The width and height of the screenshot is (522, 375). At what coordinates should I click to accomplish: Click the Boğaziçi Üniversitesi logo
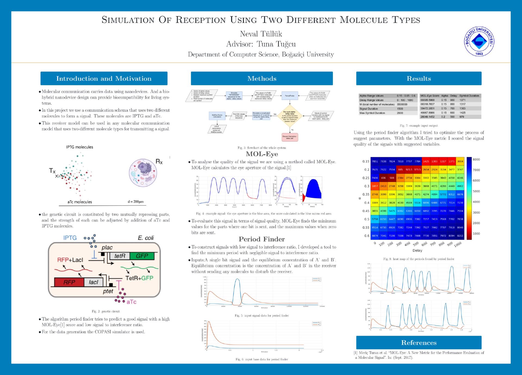pyautogui.click(x=479, y=41)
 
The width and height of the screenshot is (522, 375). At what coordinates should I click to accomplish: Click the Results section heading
pyautogui.click(x=419, y=78)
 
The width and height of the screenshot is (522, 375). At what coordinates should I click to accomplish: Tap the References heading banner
pyautogui.click(x=419, y=343)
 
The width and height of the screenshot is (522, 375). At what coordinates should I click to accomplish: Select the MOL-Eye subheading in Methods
pyautogui.click(x=262, y=154)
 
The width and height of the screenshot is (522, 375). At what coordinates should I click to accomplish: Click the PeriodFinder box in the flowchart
pyautogui.click(x=290, y=96)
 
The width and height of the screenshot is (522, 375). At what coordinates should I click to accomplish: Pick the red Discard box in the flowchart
pyautogui.click(x=290, y=137)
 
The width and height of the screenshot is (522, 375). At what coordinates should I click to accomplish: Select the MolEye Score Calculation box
pyautogui.click(x=217, y=116)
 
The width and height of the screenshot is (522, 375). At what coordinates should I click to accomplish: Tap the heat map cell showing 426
pyautogui.click(x=383, y=178)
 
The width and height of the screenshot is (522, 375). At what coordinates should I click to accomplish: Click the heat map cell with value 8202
pyautogui.click(x=460, y=236)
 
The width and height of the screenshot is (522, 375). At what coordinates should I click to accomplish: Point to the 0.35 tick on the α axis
pyautogui.click(x=366, y=194)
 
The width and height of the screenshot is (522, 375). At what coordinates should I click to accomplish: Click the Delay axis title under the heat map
pyautogui.click(x=417, y=250)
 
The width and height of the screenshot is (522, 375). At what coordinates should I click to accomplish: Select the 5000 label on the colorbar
pyautogui.click(x=476, y=191)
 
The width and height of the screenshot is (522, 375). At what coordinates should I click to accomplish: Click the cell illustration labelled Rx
pyautogui.click(x=143, y=173)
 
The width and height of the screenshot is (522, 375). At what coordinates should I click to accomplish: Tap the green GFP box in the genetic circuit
pyautogui.click(x=142, y=256)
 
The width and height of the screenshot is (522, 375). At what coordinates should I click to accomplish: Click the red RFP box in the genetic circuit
pyautogui.click(x=69, y=282)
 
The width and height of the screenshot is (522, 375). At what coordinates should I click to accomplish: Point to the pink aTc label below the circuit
pyautogui.click(x=131, y=302)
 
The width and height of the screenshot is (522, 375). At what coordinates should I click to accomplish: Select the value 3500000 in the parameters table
pyautogui.click(x=402, y=104)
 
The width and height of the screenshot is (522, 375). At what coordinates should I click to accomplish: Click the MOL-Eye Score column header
pyautogui.click(x=430, y=96)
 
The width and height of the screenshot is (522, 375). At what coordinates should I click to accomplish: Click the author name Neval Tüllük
pyautogui.click(x=261, y=34)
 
